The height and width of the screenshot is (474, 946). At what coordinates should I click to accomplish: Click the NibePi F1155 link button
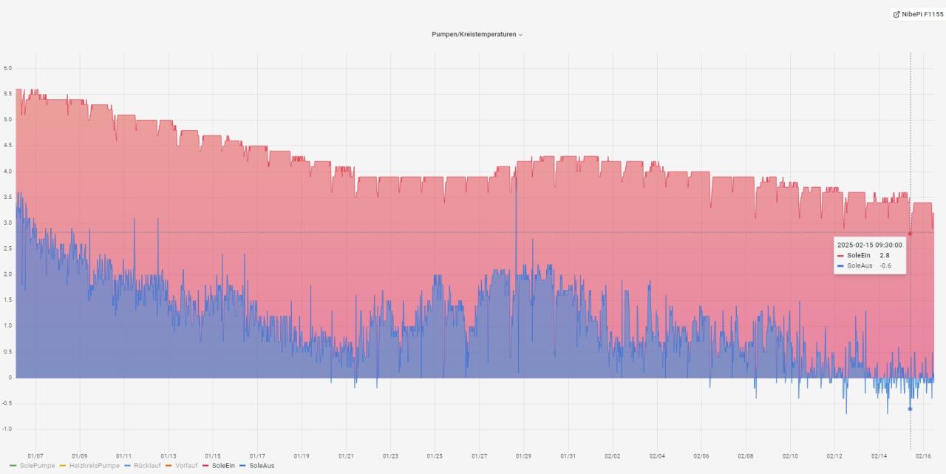click(x=917, y=14)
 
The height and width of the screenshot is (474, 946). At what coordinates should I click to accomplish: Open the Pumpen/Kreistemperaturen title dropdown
click(x=477, y=34)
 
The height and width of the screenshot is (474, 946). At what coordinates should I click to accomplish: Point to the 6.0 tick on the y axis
click(x=7, y=68)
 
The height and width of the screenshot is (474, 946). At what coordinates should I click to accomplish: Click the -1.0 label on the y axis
click(x=7, y=429)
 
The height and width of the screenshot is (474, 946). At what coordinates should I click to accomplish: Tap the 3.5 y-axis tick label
click(x=7, y=197)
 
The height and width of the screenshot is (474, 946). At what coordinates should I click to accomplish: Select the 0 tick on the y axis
click(x=10, y=378)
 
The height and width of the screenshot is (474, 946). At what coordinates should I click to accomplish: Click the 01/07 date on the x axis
click(x=35, y=456)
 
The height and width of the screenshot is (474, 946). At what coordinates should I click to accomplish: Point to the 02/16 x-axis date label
click(x=923, y=456)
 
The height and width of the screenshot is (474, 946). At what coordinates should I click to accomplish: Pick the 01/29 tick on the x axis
click(x=523, y=456)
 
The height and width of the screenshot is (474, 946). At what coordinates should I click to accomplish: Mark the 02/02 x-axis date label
click(x=612, y=456)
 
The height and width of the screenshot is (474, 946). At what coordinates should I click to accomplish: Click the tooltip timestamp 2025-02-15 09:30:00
click(x=869, y=245)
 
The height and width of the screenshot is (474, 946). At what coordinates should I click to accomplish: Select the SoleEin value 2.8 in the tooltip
click(x=884, y=255)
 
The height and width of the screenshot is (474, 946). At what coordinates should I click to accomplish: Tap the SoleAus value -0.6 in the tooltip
click(x=885, y=265)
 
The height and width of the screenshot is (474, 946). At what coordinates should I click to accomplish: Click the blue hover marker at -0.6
click(x=910, y=409)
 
